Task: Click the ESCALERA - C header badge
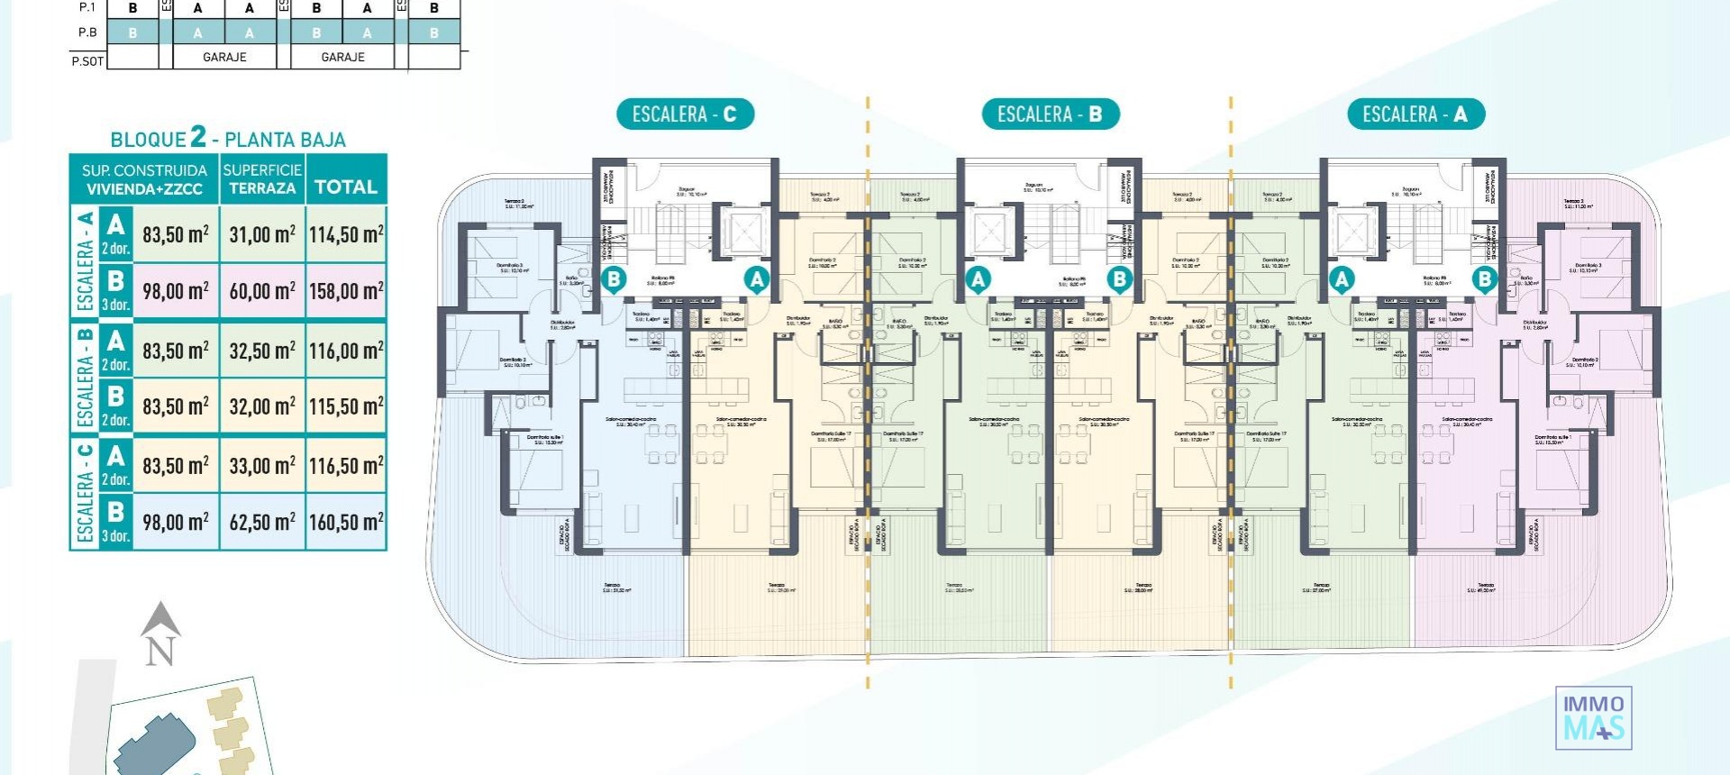click(x=684, y=114)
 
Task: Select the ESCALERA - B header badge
click(x=1050, y=114)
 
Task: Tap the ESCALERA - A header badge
click(x=1415, y=114)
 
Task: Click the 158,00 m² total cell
click(x=346, y=291)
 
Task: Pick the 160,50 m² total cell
click(x=346, y=522)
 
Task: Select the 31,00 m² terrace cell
click(x=261, y=234)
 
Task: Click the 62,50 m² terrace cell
click(x=261, y=522)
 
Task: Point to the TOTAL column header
click(x=346, y=187)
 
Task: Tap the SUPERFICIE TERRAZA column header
click(x=261, y=178)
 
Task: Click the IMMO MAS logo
click(x=1593, y=717)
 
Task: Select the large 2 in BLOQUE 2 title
click(x=198, y=136)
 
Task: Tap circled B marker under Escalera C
click(x=614, y=279)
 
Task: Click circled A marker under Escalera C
click(x=757, y=279)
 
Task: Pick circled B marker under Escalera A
click(x=1484, y=279)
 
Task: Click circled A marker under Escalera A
click(x=1342, y=279)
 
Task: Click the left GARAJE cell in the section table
click(x=224, y=57)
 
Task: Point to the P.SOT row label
click(x=87, y=61)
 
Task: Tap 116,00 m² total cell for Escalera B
click(x=346, y=351)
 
